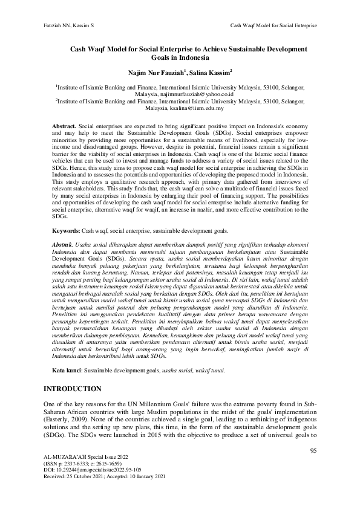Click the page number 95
pos(313,450)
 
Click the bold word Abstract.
pos(64,123)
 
